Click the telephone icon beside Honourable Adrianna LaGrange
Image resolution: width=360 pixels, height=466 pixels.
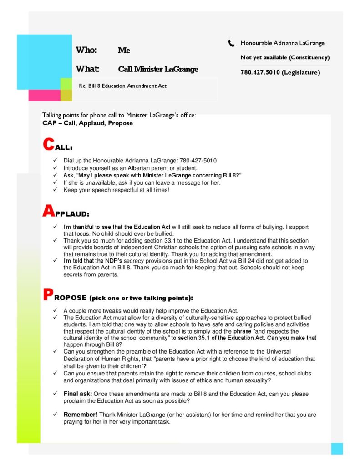pos(231,44)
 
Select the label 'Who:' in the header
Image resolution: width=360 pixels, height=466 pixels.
pos(86,51)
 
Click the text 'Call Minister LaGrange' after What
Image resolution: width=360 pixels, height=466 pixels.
pos(158,70)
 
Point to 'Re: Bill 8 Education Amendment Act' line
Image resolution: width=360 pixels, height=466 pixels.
pos(123,86)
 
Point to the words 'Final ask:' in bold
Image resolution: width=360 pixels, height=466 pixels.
pos(78,393)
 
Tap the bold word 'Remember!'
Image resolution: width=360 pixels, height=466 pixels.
pos(80,415)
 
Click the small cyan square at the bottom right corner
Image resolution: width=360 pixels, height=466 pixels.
pos(337,448)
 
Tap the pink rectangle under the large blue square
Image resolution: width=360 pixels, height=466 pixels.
pos(44,96)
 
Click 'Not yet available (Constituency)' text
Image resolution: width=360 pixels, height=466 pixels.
pos(285,58)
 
